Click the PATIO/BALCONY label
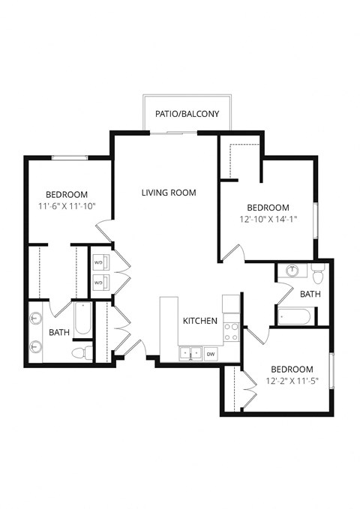point(187,115)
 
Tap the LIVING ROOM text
point(169,193)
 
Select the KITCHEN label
point(201,321)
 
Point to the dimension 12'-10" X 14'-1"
point(268,220)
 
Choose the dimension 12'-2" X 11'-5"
point(291,382)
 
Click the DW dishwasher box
point(211,354)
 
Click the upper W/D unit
point(100,262)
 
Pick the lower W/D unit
point(100,282)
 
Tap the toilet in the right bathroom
point(317,271)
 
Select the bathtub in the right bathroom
point(295,317)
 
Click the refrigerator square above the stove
point(232,304)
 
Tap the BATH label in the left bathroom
point(60,331)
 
